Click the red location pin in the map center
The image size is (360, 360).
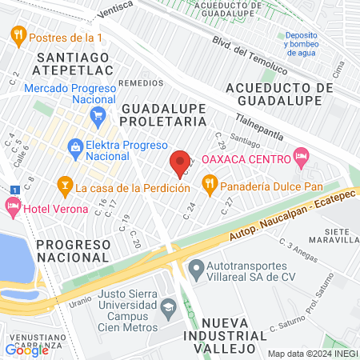tap(180, 162)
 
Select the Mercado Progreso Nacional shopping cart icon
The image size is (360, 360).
tap(98, 115)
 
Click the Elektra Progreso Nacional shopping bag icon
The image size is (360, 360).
tap(75, 146)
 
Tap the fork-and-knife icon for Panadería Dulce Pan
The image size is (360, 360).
tap(210, 187)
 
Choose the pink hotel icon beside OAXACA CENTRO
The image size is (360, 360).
tap(302, 158)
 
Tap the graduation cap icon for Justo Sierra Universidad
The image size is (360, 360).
tap(168, 305)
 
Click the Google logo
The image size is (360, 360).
tap(26, 350)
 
